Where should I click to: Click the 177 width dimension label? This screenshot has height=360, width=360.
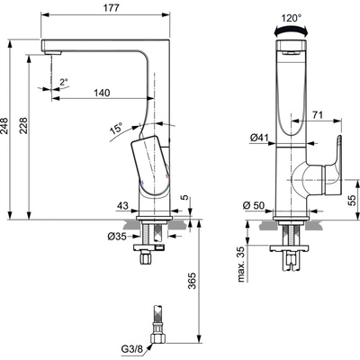[112, 8]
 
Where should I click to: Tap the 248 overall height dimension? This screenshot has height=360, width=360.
[5, 126]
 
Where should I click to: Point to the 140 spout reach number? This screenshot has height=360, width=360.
[102, 93]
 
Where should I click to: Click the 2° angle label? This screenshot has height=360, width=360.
[64, 82]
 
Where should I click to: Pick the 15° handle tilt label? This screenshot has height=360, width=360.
[116, 129]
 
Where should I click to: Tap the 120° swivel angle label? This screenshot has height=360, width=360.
[291, 18]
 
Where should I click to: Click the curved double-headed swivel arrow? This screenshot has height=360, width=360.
[292, 29]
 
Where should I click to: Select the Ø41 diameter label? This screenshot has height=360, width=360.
[258, 138]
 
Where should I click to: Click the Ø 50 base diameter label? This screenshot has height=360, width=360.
[254, 205]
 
